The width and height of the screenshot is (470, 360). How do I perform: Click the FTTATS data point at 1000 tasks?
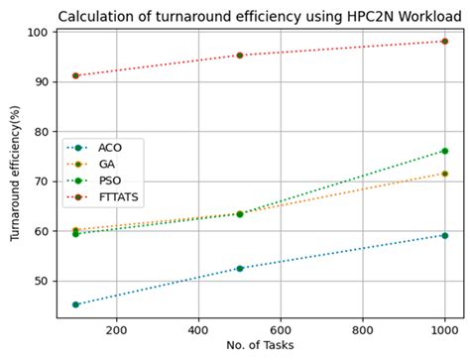pyautogui.click(x=444, y=42)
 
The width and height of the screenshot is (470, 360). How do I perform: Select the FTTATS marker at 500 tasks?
pyautogui.click(x=240, y=56)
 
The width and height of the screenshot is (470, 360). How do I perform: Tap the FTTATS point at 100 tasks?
pyautogui.click(x=75, y=75)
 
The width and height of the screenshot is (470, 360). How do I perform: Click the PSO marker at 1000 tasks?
pyautogui.click(x=444, y=151)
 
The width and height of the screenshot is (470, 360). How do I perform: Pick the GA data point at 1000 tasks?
pyautogui.click(x=444, y=174)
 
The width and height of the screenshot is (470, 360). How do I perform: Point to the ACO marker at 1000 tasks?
pyautogui.click(x=444, y=235)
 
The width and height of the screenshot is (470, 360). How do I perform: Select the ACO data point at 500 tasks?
pyautogui.click(x=240, y=268)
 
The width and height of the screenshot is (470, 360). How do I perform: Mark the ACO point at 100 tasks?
pyautogui.click(x=75, y=304)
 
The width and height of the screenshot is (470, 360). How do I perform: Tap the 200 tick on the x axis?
pyautogui.click(x=116, y=329)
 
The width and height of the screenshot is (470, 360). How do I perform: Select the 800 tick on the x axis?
pyautogui.click(x=363, y=329)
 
